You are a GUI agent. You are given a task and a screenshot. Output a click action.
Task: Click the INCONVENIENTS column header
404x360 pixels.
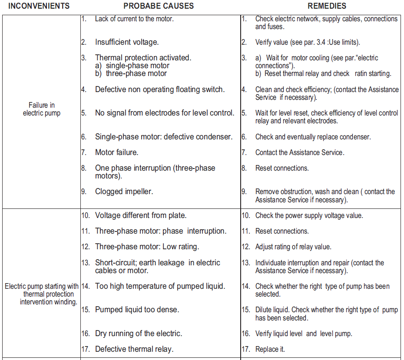(x=39, y=6)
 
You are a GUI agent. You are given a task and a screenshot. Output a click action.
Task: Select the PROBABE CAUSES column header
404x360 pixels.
(x=159, y=6)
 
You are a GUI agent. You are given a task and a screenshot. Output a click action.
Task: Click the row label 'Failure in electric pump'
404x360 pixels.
(x=42, y=109)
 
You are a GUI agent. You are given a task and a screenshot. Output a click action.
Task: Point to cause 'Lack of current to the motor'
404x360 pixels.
(x=135, y=19)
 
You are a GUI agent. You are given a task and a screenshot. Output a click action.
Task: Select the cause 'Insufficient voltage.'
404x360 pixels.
(x=127, y=42)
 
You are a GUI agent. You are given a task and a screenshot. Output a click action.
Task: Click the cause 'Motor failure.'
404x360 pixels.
(x=117, y=152)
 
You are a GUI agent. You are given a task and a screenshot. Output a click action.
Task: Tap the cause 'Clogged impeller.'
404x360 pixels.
(x=124, y=191)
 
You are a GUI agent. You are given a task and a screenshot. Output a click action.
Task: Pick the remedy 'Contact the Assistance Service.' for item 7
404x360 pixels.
(x=300, y=152)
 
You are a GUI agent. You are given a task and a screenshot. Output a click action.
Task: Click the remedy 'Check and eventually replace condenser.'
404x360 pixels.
(x=313, y=137)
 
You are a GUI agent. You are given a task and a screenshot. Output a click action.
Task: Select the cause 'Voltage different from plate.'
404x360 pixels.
(x=141, y=215)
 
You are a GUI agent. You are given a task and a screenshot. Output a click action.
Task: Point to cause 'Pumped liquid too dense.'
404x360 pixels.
(x=137, y=310)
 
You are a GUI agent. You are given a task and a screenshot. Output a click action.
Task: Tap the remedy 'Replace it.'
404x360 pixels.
(x=270, y=349)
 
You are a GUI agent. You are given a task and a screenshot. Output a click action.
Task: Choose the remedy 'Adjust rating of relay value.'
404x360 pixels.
(x=293, y=247)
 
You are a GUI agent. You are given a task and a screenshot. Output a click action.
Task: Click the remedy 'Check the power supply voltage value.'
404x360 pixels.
(x=309, y=215)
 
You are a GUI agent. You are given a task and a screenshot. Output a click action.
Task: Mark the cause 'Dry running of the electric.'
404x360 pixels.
(x=139, y=334)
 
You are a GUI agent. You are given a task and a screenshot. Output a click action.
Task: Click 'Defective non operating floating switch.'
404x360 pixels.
(x=160, y=89)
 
